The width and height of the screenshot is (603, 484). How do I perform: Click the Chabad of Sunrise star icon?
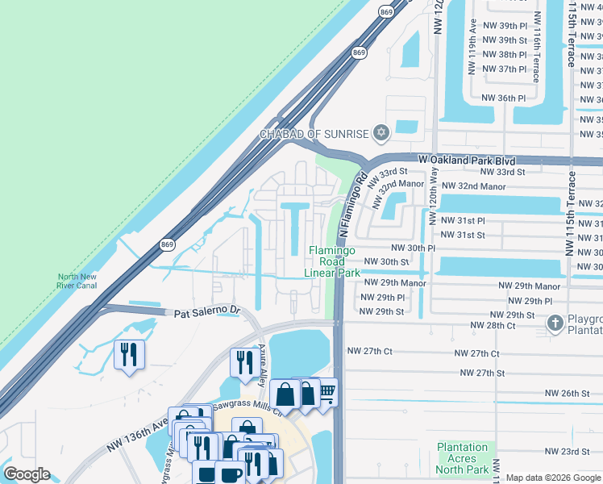point(381,133)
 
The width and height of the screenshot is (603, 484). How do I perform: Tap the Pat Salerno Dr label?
point(203,311)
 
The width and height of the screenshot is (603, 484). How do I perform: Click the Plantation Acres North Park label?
point(463,458)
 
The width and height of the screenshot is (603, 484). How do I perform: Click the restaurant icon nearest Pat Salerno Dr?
point(129,355)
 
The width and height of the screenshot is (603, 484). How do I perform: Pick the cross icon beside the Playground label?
point(555,323)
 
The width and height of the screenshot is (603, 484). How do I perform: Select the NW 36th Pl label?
point(503,98)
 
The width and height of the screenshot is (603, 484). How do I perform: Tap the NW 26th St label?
point(568,393)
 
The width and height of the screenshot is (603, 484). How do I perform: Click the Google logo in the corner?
point(27,474)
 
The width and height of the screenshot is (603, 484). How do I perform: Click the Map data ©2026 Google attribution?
point(553,478)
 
